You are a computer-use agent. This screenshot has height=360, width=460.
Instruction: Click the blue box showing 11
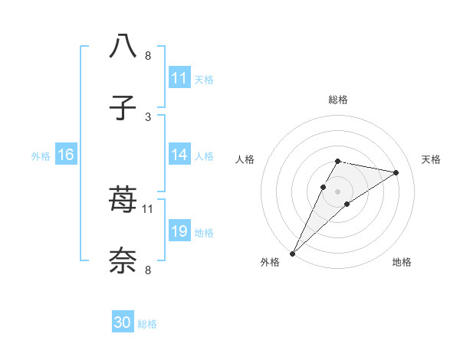179,78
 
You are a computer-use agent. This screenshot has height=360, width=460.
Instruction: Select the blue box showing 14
179,155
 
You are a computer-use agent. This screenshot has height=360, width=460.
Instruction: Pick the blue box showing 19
179,231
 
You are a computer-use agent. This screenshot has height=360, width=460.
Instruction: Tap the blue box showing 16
66,155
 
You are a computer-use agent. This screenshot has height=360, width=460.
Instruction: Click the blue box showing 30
123,322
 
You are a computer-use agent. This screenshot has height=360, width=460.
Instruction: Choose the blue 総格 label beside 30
148,324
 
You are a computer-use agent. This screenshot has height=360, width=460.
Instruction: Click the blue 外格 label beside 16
41,155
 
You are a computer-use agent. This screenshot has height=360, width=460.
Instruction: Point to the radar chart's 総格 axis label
338,100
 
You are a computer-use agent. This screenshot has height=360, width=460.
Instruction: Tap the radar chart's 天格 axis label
432,159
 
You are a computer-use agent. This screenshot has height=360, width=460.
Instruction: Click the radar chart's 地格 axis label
402,262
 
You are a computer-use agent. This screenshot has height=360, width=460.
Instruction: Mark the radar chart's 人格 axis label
245,159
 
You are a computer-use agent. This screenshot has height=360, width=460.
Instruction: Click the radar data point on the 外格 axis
293,253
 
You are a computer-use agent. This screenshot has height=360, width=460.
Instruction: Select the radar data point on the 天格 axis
396,172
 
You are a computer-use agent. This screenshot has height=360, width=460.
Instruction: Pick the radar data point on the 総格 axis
338,161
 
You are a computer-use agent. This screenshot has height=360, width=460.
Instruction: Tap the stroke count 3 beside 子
147,116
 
